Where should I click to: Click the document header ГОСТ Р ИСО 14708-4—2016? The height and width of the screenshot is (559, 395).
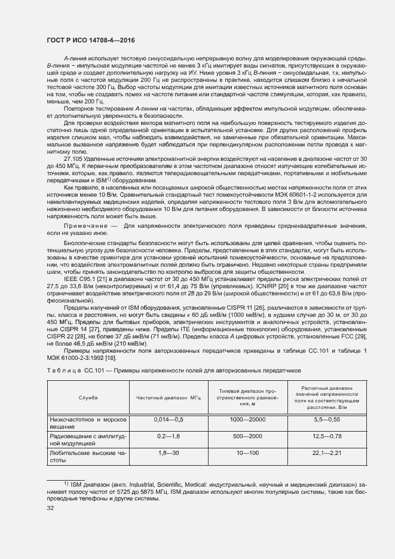90,40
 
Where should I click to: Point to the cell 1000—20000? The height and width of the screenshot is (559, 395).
247,420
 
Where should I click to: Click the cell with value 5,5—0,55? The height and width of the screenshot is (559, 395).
326,420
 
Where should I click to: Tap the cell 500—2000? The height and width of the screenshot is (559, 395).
247,436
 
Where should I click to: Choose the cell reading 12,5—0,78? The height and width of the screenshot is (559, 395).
326,436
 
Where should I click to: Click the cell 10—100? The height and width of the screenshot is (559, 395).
247,453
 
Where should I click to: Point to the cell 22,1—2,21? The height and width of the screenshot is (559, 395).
326,453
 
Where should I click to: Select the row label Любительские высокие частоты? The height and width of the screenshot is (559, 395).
87,457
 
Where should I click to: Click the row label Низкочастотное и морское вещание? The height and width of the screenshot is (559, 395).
87,424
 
